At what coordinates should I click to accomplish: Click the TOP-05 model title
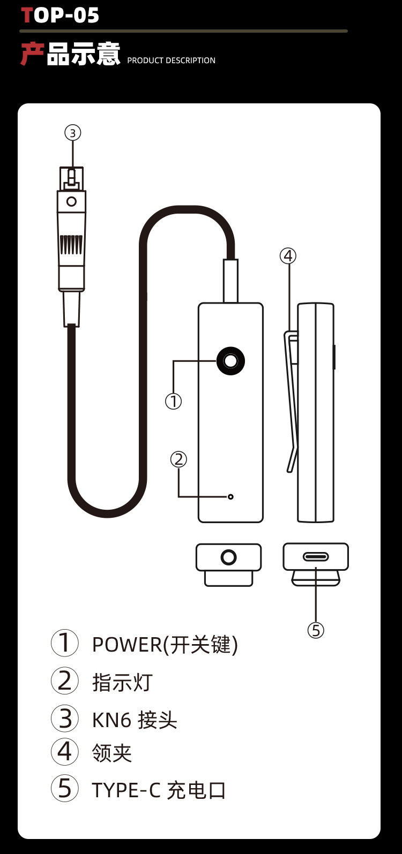60,15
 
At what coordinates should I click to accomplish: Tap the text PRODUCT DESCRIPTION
171,61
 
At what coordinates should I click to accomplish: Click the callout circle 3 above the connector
73,132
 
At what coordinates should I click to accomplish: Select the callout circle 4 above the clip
288,256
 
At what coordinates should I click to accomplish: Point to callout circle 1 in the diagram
173,401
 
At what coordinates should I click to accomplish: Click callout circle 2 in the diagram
179,459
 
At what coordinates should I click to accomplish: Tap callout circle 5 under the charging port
316,630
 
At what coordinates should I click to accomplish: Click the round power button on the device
231,361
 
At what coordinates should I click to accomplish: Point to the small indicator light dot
230,497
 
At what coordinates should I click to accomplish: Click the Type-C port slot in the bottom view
316,557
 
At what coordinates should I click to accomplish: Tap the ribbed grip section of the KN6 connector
71,244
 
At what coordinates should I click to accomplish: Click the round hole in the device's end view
229,557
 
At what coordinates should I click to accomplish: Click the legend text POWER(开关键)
165,645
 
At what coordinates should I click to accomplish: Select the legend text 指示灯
122,682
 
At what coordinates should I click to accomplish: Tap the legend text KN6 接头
135,720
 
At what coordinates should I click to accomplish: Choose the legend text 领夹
111,753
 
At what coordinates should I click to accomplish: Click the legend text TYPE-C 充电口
159,790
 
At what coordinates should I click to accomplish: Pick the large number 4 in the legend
65,752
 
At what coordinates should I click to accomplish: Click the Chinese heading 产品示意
70,54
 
